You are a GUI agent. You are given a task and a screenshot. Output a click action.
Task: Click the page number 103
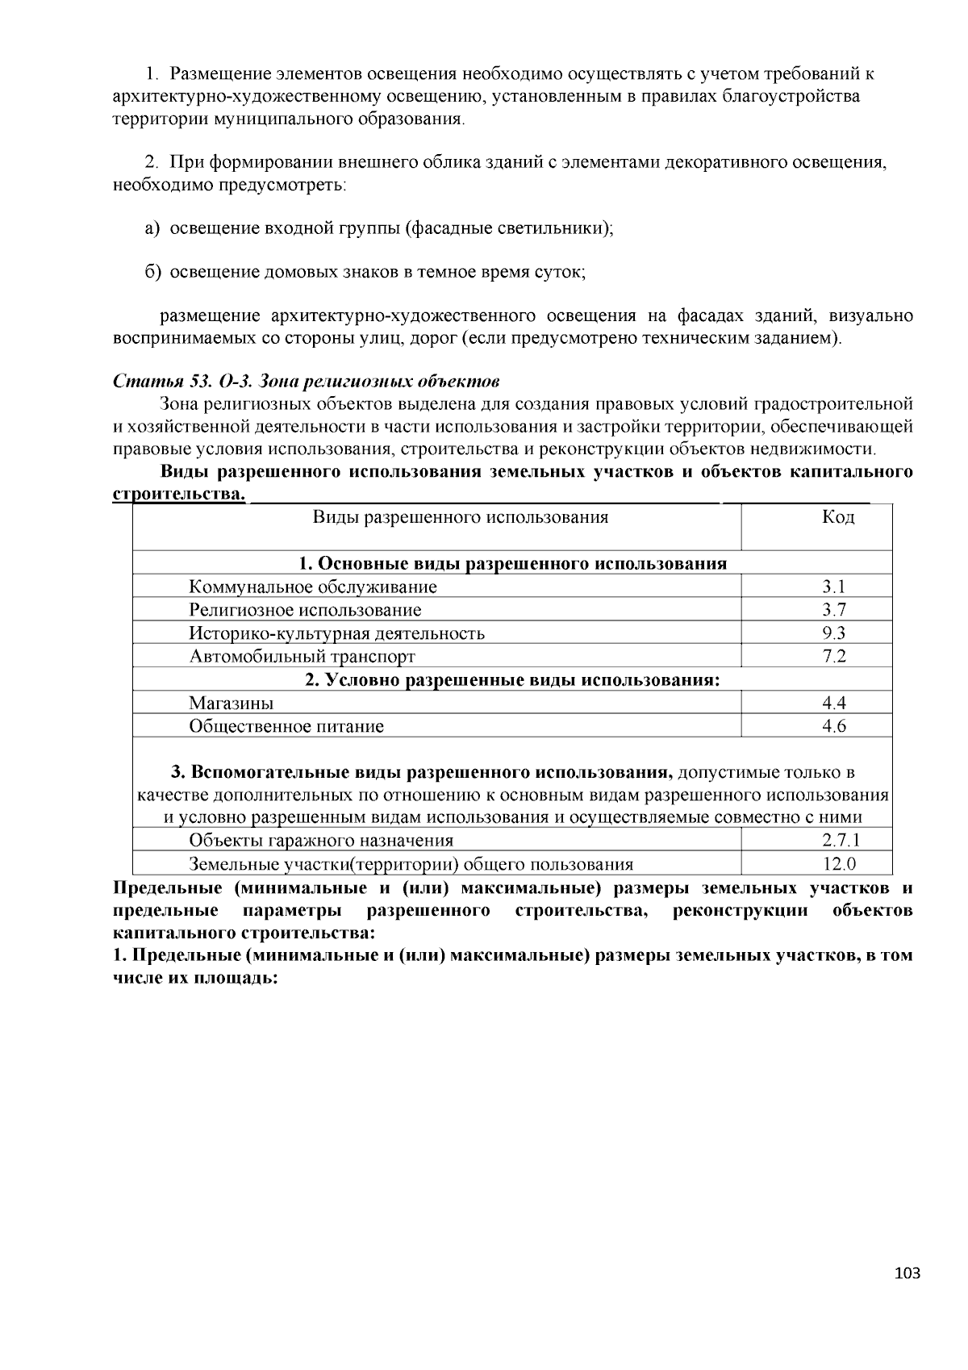pyautogui.click(x=907, y=1274)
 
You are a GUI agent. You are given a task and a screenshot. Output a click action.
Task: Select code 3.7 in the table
pyautogui.click(x=834, y=610)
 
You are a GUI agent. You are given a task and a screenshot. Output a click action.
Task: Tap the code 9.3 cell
pyautogui.click(x=834, y=633)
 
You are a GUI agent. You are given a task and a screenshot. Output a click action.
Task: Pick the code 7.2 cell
pyautogui.click(x=834, y=656)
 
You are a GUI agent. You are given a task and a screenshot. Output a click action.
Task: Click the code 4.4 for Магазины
pyautogui.click(x=834, y=703)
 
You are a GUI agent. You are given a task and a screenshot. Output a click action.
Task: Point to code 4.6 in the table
pyautogui.click(x=834, y=726)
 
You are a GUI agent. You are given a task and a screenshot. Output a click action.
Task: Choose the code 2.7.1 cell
pyautogui.click(x=839, y=841)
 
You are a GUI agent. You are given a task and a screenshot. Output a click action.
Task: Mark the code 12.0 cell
pyautogui.click(x=839, y=864)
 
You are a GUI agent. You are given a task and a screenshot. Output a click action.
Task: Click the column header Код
pyautogui.click(x=838, y=517)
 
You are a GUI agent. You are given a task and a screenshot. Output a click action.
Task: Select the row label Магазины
pyautogui.click(x=231, y=703)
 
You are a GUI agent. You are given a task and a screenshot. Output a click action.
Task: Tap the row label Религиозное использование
pyautogui.click(x=305, y=610)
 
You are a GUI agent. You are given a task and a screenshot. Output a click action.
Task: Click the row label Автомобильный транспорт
pyautogui.click(x=302, y=656)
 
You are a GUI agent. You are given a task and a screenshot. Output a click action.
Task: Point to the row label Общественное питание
pyautogui.click(x=286, y=726)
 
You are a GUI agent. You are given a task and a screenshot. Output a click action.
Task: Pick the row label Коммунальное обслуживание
pyautogui.click(x=313, y=587)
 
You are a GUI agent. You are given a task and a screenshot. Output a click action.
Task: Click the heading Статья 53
pyautogui.click(x=161, y=380)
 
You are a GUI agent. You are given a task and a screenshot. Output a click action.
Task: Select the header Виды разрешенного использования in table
pyautogui.click(x=461, y=517)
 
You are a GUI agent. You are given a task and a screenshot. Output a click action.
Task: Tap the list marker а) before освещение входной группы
pyautogui.click(x=153, y=228)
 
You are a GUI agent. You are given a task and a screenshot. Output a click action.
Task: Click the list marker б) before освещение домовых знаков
pyautogui.click(x=153, y=272)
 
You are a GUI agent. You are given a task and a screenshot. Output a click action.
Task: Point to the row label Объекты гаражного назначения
pyautogui.click(x=321, y=841)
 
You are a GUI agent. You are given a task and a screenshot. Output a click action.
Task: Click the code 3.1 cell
pyautogui.click(x=834, y=587)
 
